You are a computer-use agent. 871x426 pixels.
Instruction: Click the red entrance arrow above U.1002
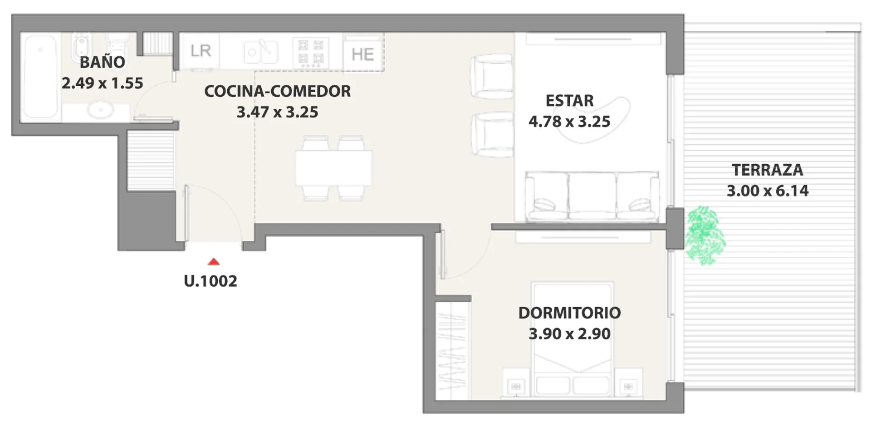click(214, 262)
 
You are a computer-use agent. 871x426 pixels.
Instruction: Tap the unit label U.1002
click(210, 281)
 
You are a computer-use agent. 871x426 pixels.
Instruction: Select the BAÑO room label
click(103, 62)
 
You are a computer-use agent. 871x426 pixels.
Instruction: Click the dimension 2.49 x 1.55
click(103, 83)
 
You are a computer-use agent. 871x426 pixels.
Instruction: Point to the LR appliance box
click(201, 51)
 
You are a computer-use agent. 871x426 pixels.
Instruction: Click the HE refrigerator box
click(363, 54)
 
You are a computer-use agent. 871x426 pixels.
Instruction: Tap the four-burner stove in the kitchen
click(311, 52)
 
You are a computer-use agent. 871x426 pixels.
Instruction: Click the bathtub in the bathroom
click(41, 77)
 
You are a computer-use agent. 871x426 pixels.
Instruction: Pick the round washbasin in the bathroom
click(101, 110)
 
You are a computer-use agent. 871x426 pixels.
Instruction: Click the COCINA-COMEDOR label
click(278, 91)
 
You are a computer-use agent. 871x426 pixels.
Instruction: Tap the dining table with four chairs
click(333, 168)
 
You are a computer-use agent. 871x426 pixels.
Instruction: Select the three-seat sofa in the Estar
click(592, 196)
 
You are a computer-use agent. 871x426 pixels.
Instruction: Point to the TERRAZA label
click(768, 170)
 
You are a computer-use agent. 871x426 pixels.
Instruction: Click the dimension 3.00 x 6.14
click(768, 191)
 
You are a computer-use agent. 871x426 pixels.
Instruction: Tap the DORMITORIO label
click(570, 313)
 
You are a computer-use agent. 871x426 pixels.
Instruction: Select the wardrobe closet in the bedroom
click(452, 351)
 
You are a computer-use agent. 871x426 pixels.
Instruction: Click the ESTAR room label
click(570, 101)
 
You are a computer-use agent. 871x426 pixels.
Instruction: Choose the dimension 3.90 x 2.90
click(570, 334)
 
